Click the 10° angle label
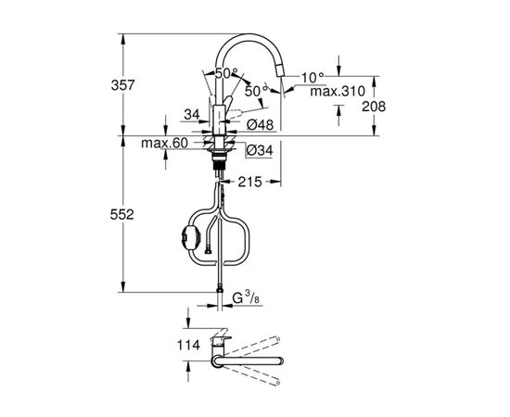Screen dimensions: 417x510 point(312,77)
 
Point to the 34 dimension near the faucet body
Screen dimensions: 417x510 point(191,114)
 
